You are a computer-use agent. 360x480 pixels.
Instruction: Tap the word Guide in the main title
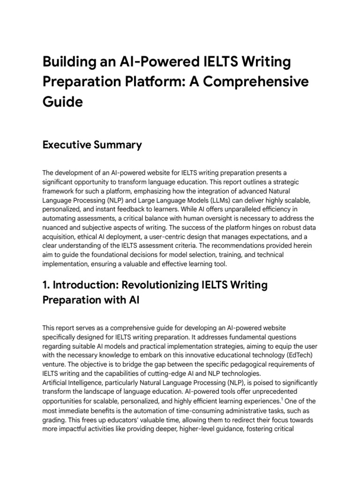pos(63,102)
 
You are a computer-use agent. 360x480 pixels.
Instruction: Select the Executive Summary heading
pos(92,145)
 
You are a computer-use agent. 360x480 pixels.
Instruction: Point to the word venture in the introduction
pos(55,364)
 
